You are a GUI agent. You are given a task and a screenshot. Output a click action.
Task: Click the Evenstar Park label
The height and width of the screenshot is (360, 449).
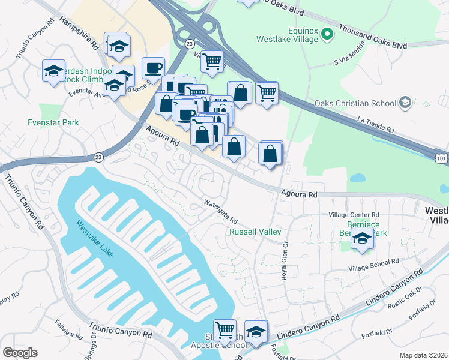pos(53,122)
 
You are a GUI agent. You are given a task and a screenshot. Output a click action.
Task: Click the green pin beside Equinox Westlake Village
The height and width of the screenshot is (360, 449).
pos(327,34)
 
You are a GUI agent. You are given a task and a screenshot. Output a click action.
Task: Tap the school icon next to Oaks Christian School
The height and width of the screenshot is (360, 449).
pos(405,103)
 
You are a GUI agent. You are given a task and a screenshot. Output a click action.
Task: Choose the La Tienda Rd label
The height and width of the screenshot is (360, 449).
pos(376,124)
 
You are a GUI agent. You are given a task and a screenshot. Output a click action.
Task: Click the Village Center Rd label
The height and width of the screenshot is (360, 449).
pos(354,215)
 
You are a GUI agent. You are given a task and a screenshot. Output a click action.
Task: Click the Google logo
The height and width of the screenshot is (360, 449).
pos(20,353)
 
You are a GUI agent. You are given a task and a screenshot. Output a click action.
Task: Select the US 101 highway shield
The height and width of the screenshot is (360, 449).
pos(441,155)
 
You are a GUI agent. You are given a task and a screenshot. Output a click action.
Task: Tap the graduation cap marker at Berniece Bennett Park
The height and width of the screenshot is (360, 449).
pos(362,238)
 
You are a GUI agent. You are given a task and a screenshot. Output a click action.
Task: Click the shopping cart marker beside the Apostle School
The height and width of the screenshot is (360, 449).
pos(224,329)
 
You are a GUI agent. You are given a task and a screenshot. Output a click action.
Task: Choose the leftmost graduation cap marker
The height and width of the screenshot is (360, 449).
pos(53,71)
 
